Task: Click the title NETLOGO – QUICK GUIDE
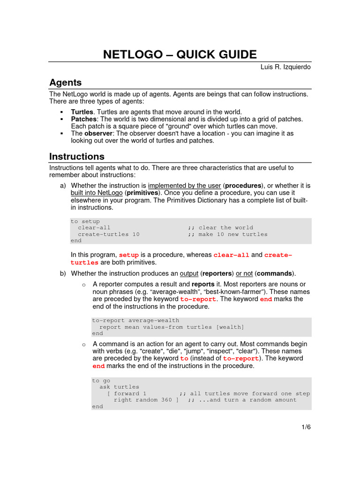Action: tap(180, 54)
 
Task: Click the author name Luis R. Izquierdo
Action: tap(285, 67)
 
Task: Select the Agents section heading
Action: tap(66, 82)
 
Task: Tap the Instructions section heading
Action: tap(77, 157)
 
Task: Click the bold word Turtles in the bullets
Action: tap(82, 112)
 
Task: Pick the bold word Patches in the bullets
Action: tap(83, 119)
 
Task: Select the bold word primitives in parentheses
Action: tap(142, 193)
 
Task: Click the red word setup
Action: tap(129, 255)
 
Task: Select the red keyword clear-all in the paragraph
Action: tap(231, 255)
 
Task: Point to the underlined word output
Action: tap(189, 273)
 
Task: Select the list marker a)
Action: tap(63, 186)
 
